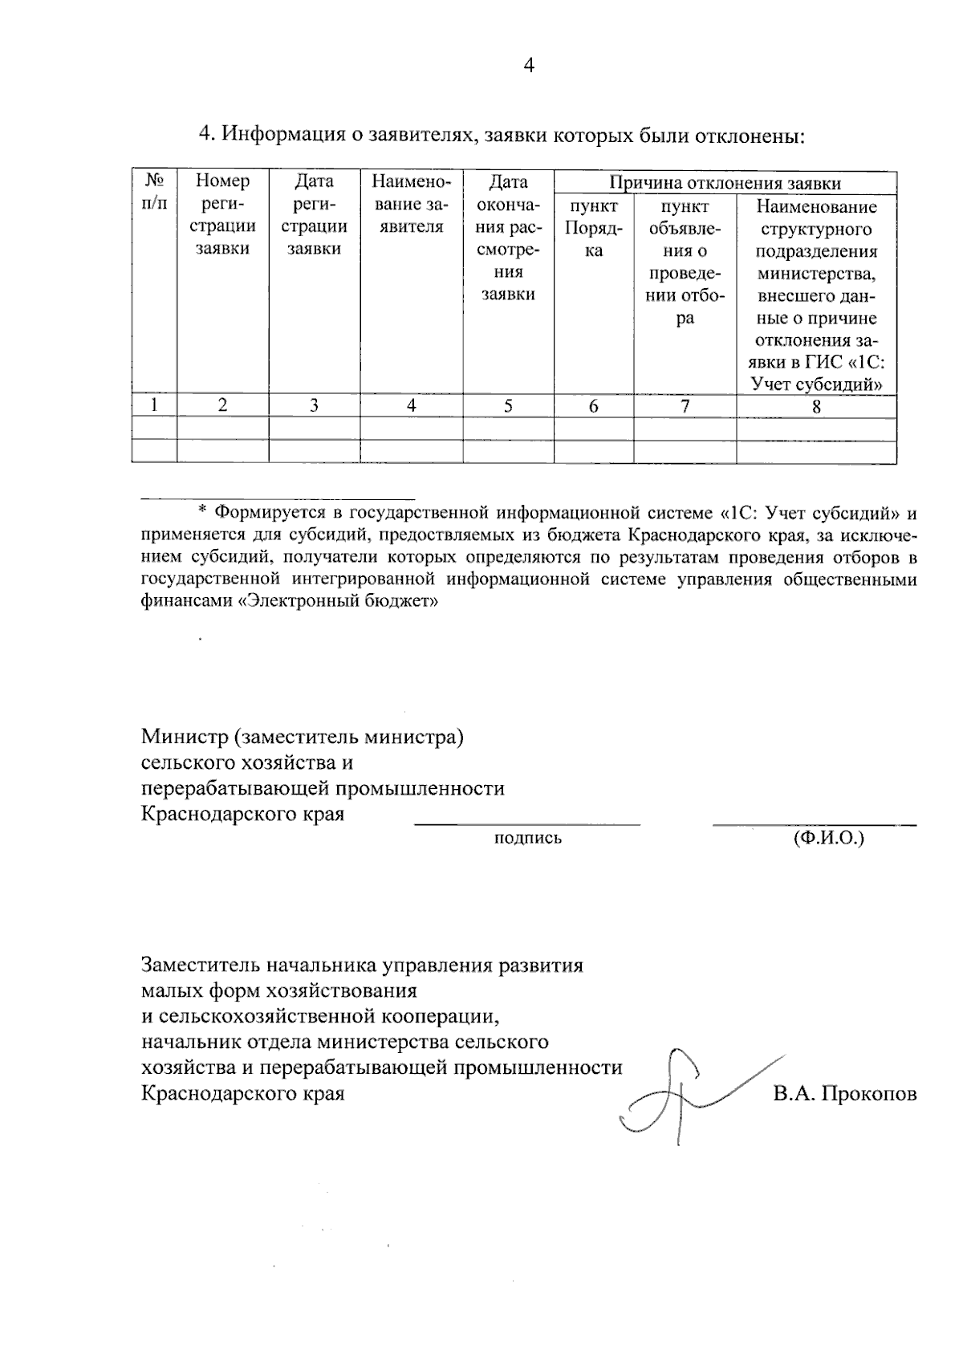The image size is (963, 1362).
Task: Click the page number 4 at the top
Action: click(x=528, y=66)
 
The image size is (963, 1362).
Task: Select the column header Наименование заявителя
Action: click(x=411, y=204)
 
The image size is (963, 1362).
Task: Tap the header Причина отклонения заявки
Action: click(x=725, y=183)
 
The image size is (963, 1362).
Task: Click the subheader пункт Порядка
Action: click(x=593, y=229)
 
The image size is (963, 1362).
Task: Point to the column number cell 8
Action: click(x=816, y=406)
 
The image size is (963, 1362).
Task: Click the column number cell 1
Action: click(x=153, y=405)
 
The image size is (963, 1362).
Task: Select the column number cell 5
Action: click(x=508, y=405)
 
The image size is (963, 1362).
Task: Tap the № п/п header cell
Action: click(x=153, y=193)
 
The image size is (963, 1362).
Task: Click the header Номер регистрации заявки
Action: click(x=222, y=215)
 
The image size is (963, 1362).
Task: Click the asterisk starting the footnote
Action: click(x=202, y=511)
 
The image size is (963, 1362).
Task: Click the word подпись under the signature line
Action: click(x=527, y=839)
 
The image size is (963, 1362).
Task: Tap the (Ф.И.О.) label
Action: click(x=828, y=839)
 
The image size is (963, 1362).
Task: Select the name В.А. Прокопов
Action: click(x=845, y=1093)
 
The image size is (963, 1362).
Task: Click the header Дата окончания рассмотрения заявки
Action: click(x=508, y=238)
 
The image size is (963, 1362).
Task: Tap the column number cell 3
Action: click(x=314, y=405)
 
